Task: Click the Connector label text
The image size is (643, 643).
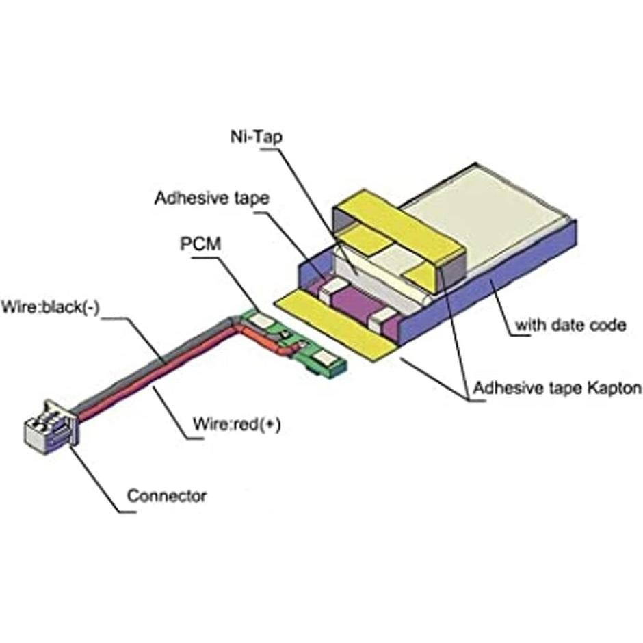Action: click(x=167, y=495)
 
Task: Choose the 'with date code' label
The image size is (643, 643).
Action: click(x=570, y=325)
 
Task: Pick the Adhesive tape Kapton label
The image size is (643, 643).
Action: click(x=557, y=389)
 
